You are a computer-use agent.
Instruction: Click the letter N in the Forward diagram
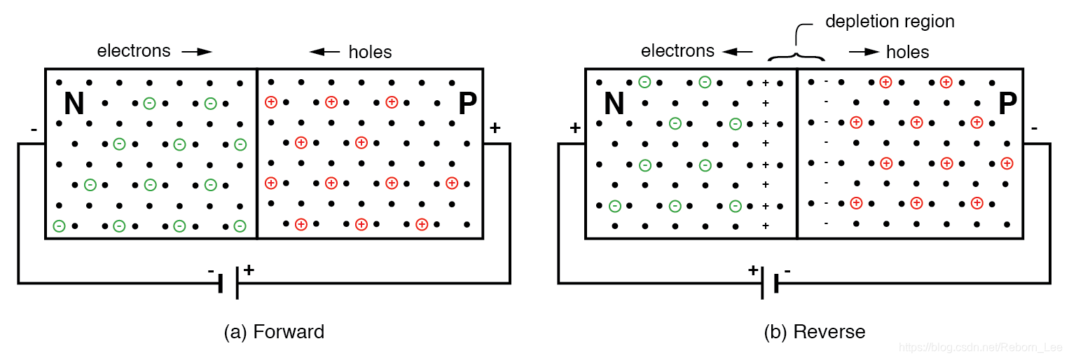point(74,104)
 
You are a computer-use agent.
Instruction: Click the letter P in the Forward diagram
point(467,104)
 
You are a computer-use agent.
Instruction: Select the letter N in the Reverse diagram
point(614,104)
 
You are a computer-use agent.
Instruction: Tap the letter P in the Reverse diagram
point(1007,104)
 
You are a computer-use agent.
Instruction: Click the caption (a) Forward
point(274,331)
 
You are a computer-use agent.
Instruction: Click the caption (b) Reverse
point(815,331)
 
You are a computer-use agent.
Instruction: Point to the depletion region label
point(890,22)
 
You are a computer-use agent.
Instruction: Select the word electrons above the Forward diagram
point(134,51)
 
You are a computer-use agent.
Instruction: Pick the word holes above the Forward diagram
point(370,52)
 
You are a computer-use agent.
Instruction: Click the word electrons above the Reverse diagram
point(678,51)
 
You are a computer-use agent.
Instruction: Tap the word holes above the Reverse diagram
point(907,52)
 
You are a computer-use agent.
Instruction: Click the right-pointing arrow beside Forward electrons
point(196,52)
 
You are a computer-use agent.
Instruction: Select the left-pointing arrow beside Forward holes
point(324,52)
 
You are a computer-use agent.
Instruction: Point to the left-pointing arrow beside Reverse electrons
point(738,52)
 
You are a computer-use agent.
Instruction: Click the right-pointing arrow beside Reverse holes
point(864,52)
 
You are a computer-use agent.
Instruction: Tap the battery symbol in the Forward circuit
point(230,282)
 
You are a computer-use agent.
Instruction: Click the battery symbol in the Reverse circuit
point(769,282)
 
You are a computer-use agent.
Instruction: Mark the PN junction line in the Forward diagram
point(257,154)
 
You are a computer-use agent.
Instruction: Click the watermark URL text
point(981,347)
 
